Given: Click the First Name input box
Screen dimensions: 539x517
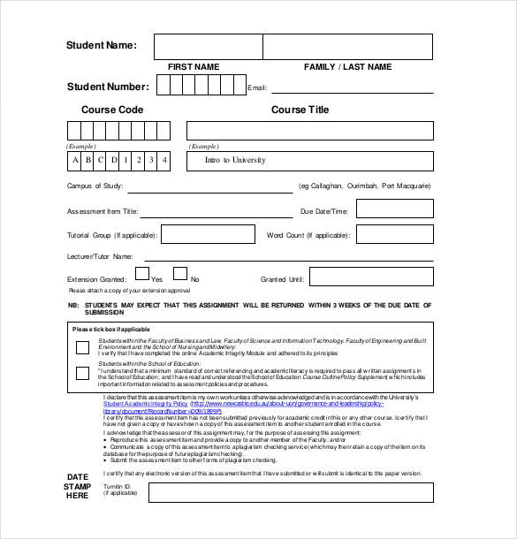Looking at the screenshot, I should click(x=208, y=46).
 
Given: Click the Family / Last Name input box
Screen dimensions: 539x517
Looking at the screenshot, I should click(x=347, y=46).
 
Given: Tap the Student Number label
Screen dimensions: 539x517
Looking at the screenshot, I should click(x=108, y=87).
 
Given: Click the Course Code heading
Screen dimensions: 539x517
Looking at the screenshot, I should click(x=112, y=110).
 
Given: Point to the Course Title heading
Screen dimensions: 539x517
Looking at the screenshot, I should click(x=300, y=110).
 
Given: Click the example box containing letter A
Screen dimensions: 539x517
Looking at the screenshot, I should click(x=75, y=160).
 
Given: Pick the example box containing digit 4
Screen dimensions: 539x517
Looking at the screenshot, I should click(x=165, y=160).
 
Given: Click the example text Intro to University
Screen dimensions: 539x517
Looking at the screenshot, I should click(x=235, y=160).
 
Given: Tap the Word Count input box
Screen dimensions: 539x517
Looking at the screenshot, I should click(x=394, y=234).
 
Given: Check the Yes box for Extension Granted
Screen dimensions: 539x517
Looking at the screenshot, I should click(x=141, y=275).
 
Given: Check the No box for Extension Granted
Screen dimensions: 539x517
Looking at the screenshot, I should click(x=179, y=275).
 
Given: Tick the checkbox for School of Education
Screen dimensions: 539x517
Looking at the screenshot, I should click(x=82, y=373).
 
